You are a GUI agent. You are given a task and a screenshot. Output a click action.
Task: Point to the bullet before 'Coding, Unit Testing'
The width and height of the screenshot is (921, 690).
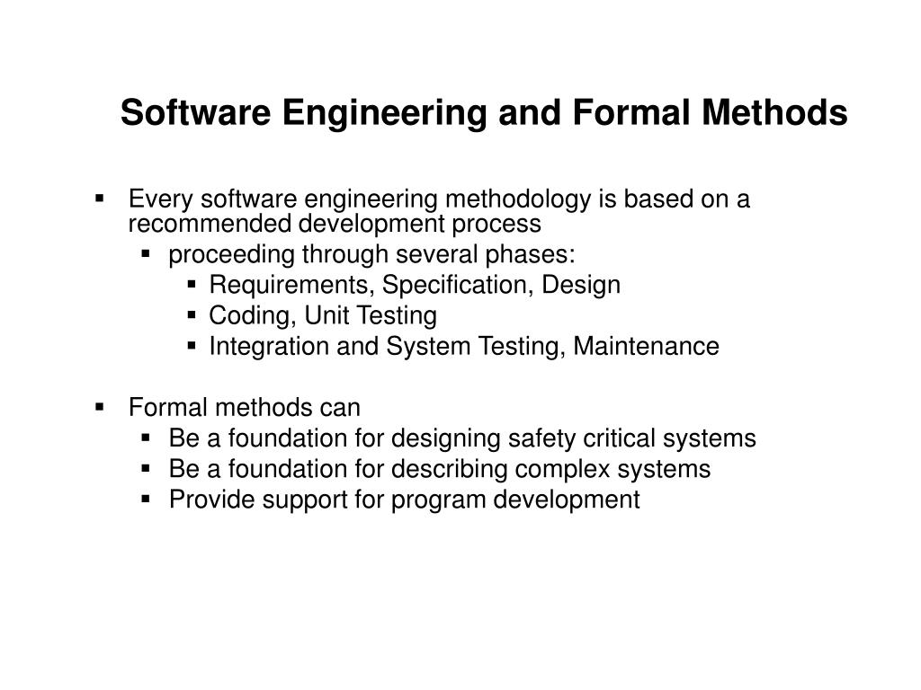[x=192, y=316]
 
